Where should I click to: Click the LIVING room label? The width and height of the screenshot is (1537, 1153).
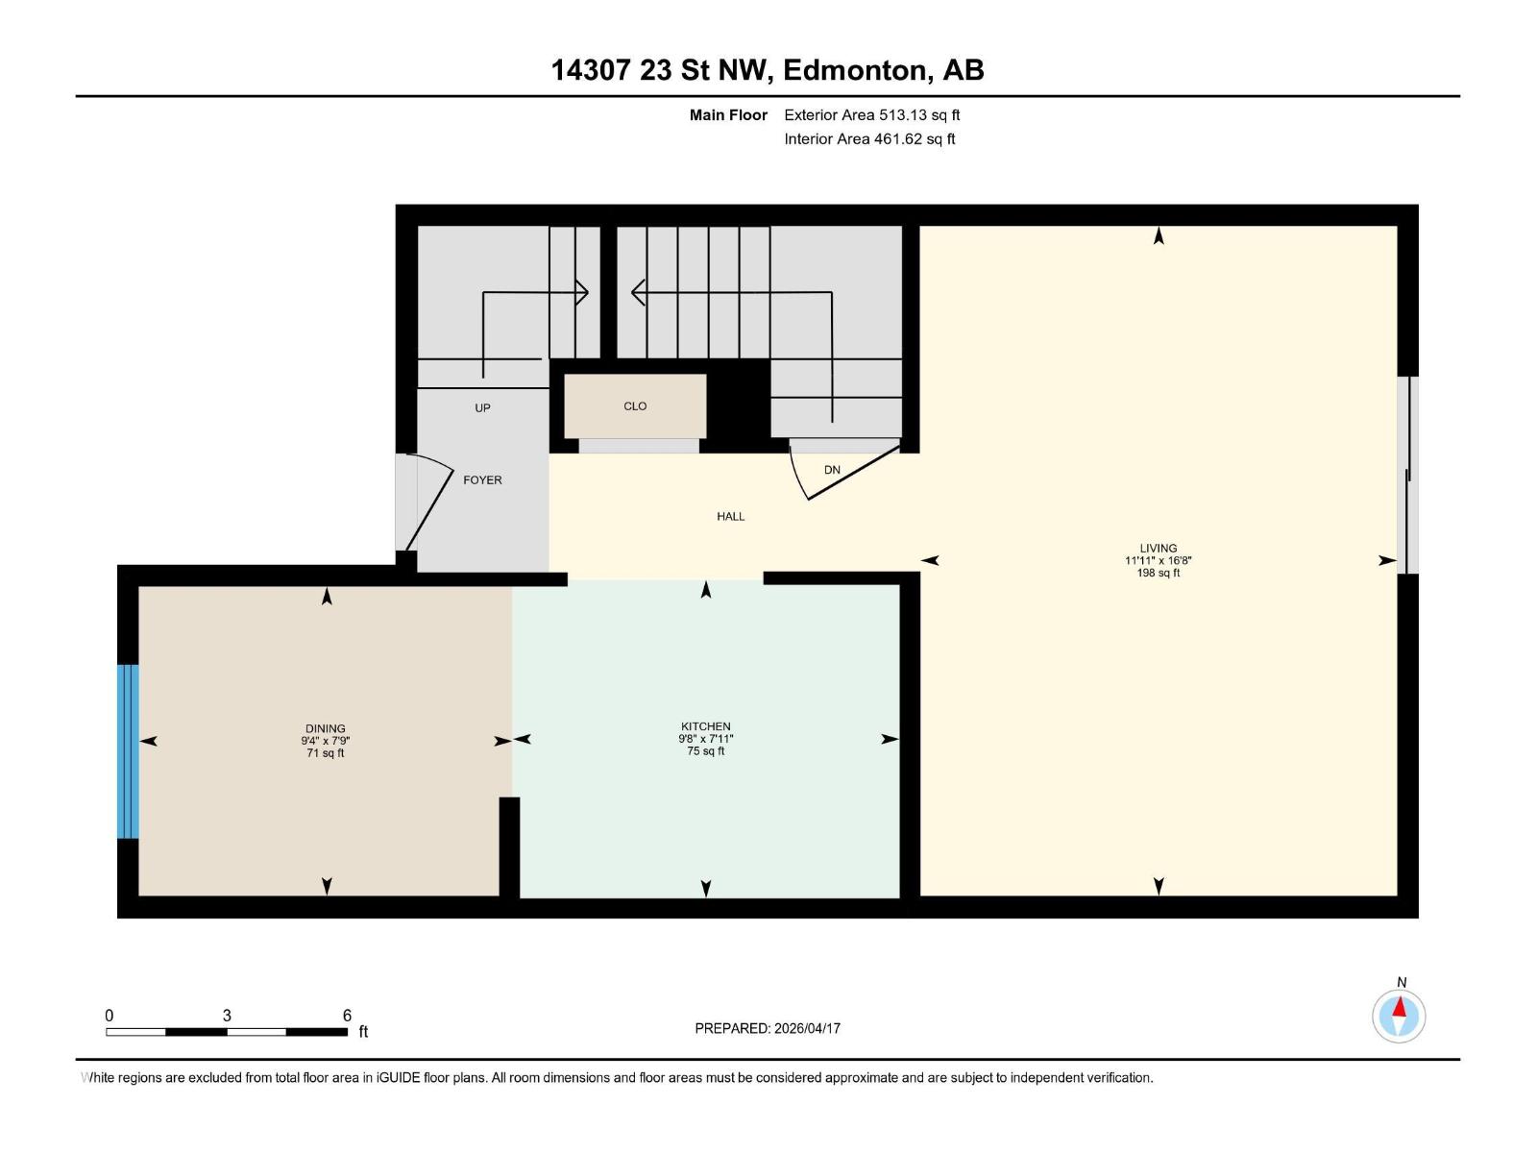coord(1158,549)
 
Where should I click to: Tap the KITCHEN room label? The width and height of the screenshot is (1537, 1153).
coord(705,726)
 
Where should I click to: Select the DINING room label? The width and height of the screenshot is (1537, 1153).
coord(326,728)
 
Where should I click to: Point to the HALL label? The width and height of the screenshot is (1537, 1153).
coord(730,517)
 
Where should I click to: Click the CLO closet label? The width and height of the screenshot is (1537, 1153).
coord(635,406)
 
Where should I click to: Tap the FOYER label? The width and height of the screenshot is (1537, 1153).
coord(482,480)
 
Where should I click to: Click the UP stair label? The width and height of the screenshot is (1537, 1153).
coord(482,408)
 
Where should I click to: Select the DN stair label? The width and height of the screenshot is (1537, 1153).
coord(832,470)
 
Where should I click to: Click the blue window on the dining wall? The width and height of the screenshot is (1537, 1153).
coord(128,751)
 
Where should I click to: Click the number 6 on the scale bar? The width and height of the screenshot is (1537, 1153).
coord(347,1016)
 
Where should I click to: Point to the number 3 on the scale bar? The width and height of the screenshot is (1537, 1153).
coord(227,1016)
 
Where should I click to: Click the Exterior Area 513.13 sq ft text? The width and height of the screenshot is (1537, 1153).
coord(871,115)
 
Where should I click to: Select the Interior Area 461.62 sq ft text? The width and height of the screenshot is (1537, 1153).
coord(869,139)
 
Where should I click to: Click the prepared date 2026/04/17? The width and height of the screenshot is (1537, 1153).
coord(807,1028)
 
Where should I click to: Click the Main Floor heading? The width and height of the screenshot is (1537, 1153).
coord(728,115)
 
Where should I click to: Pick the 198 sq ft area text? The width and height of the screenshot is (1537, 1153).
coord(1158,574)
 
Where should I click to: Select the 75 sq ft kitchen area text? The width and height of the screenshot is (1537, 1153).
coord(705,751)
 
